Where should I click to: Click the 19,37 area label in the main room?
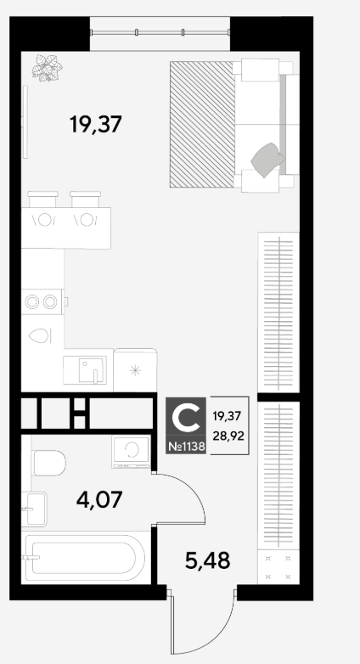tap(96, 125)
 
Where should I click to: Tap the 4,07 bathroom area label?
tap(99, 499)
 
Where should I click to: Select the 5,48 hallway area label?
tap(207, 560)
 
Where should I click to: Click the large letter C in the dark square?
tap(186, 418)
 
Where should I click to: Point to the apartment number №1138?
tap(186, 447)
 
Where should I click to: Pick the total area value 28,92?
tap(228, 436)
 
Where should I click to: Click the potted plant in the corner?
tap(47, 67)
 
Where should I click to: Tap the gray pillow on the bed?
tap(267, 160)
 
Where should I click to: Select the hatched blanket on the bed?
tap(202, 124)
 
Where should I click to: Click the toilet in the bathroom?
tap(48, 463)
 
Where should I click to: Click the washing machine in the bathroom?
tap(131, 452)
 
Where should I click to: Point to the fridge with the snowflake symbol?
tap(135, 370)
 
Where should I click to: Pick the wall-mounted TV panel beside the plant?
tap(25, 121)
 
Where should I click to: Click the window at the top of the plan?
tap(160, 32)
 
